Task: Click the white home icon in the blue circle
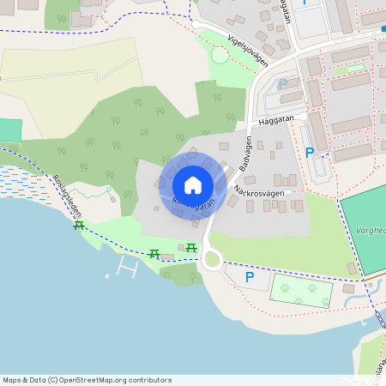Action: (x=193, y=184)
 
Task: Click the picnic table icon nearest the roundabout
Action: (x=191, y=248)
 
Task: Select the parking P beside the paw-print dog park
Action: (x=250, y=277)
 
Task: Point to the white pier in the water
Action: (x=128, y=271)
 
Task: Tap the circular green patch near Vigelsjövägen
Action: (x=220, y=55)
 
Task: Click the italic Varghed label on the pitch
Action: (x=369, y=230)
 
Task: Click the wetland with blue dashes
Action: (x=25, y=184)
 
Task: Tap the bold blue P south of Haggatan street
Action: (x=310, y=153)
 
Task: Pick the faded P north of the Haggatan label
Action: (x=282, y=84)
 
